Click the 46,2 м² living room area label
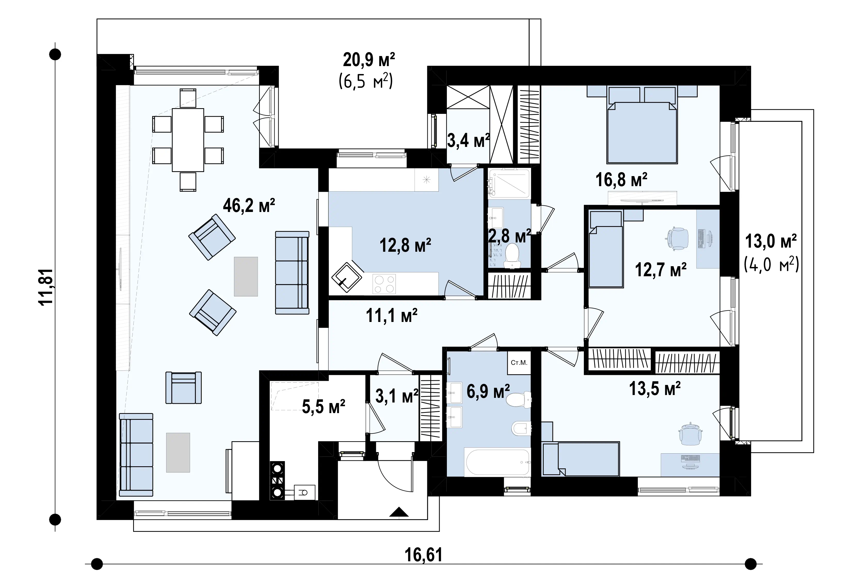click(x=249, y=206)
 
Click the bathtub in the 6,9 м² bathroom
click(x=497, y=462)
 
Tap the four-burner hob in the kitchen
click(x=384, y=284)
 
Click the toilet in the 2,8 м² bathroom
click(x=512, y=256)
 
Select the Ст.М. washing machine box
click(x=519, y=363)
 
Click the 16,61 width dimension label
click(x=423, y=555)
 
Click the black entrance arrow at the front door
click(x=399, y=512)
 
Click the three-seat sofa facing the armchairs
click(x=292, y=273)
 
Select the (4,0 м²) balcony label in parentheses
click(x=771, y=264)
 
